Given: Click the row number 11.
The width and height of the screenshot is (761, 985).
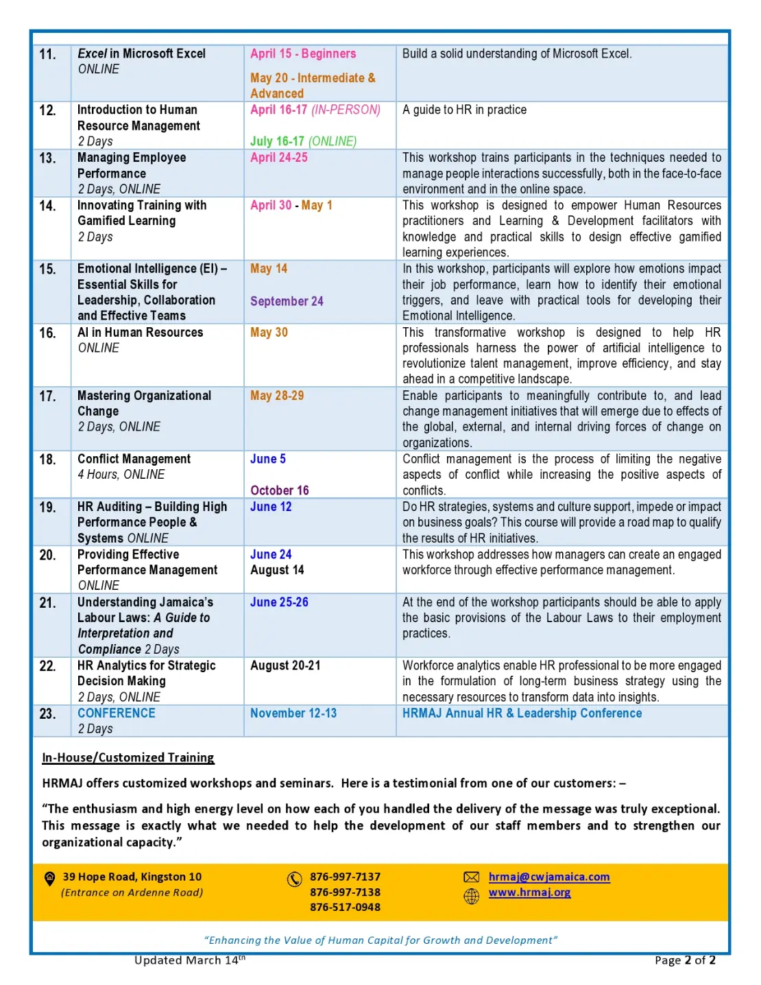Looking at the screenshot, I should tap(48, 54).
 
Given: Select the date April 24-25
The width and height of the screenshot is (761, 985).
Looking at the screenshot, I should tap(278, 158).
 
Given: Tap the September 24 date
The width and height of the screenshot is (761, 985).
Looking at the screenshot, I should tap(287, 301).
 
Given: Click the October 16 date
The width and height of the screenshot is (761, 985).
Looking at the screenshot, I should tap(279, 490).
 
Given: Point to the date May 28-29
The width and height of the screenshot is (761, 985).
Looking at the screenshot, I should tap(277, 396).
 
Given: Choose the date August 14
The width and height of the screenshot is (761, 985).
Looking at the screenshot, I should tap(277, 570).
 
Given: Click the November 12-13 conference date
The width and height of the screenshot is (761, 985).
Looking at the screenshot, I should tap(293, 713).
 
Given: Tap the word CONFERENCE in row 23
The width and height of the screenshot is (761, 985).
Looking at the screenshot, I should tap(117, 713).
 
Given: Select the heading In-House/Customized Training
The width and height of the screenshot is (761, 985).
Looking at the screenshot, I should tap(128, 757).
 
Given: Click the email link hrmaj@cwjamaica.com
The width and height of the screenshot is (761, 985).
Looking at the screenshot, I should tap(549, 877).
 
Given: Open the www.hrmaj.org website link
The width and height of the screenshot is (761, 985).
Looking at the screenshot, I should tap(529, 892).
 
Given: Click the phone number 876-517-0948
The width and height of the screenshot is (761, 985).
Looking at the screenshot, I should tap(345, 907).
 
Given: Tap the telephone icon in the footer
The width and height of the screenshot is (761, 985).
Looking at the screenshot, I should tap(295, 879).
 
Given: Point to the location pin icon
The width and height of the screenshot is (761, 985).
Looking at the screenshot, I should tap(50, 878).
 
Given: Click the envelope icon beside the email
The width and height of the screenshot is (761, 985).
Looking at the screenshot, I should tap(472, 877).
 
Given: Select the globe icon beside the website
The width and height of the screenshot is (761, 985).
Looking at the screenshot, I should tap(472, 896).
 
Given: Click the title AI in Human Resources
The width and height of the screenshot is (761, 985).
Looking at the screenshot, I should tap(141, 333).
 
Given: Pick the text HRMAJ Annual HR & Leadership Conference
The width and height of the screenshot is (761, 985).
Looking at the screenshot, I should tap(522, 713).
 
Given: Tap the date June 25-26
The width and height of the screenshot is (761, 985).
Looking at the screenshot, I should tap(279, 602).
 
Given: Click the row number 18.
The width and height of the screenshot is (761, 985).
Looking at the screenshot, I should tap(48, 460).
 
